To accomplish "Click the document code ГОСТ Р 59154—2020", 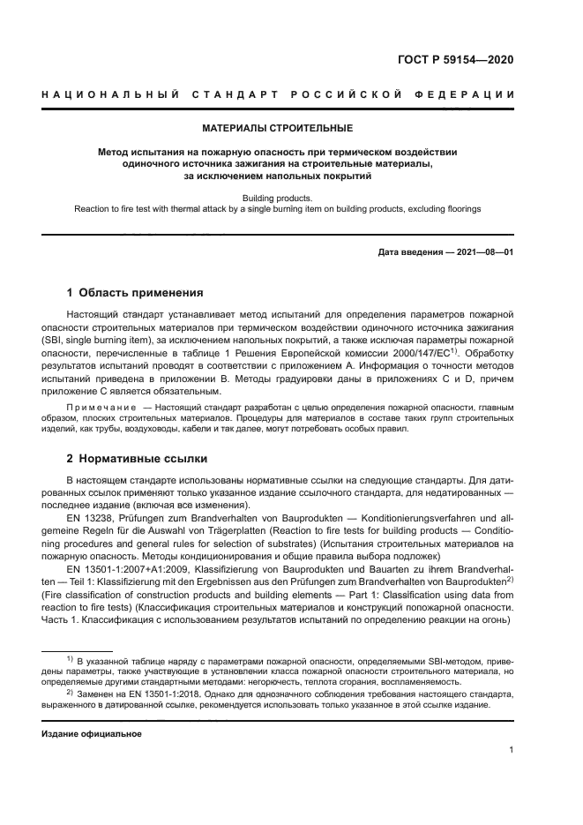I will [x=451, y=60].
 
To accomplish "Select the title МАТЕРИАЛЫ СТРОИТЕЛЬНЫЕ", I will [x=278, y=129].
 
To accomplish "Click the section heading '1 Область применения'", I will [x=135, y=293].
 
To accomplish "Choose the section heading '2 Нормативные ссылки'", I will [x=138, y=460].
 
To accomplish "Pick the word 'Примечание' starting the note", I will [x=97, y=407].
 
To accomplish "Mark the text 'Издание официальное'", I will [x=92, y=733].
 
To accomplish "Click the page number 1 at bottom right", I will [x=512, y=750].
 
